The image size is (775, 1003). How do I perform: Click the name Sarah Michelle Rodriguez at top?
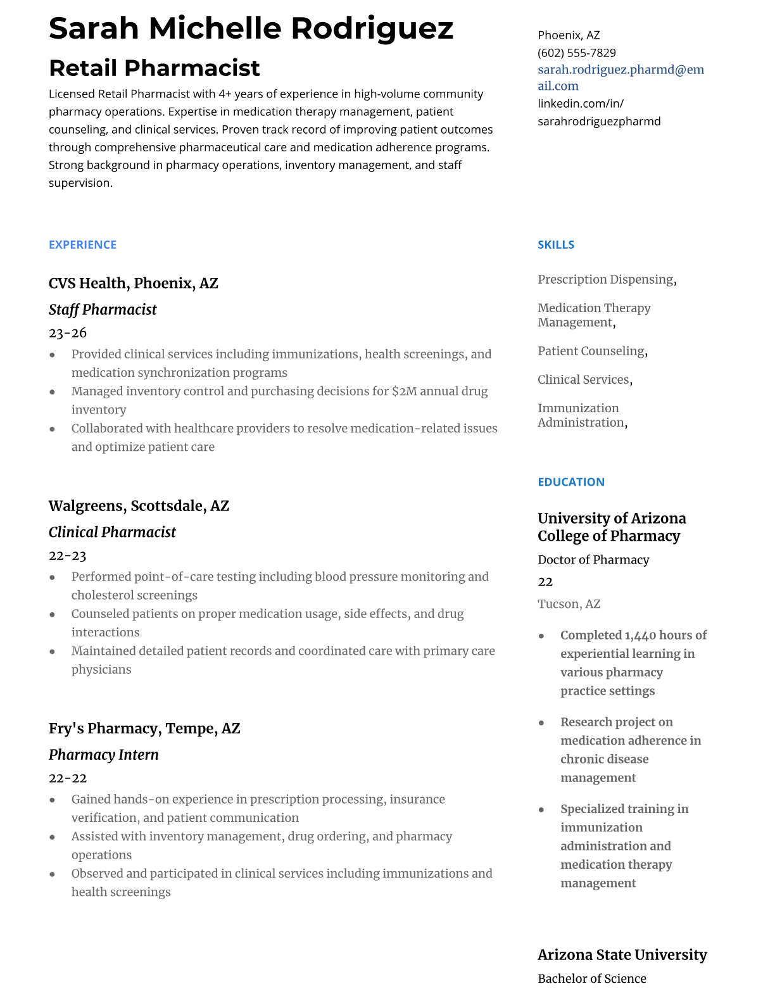coord(251,28)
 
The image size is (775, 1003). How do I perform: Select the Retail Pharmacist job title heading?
coord(154,68)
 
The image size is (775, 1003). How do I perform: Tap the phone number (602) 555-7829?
coord(576,53)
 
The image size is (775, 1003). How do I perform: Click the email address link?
coord(621,77)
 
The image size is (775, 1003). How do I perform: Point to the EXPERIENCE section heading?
coord(82,244)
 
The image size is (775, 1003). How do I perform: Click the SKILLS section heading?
coord(556,244)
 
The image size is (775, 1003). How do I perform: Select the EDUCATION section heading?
coord(570,482)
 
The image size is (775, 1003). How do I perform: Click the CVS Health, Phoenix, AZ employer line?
coord(133,283)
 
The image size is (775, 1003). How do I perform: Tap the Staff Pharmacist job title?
coord(103,310)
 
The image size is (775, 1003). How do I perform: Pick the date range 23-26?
coord(68,332)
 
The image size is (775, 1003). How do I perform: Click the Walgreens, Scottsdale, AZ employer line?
coord(139,506)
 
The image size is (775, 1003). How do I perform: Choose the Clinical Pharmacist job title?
coord(112,533)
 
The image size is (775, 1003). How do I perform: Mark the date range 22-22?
coord(68,778)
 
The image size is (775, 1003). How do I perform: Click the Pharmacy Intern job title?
coord(104,755)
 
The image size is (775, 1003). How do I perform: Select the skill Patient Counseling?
coord(591,351)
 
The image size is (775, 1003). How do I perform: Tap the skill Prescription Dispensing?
coord(605,279)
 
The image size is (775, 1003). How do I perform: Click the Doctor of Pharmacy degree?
coord(593,560)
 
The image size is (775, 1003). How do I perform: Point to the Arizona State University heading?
coord(622,954)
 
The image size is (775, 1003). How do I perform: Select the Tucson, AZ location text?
coord(569,603)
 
